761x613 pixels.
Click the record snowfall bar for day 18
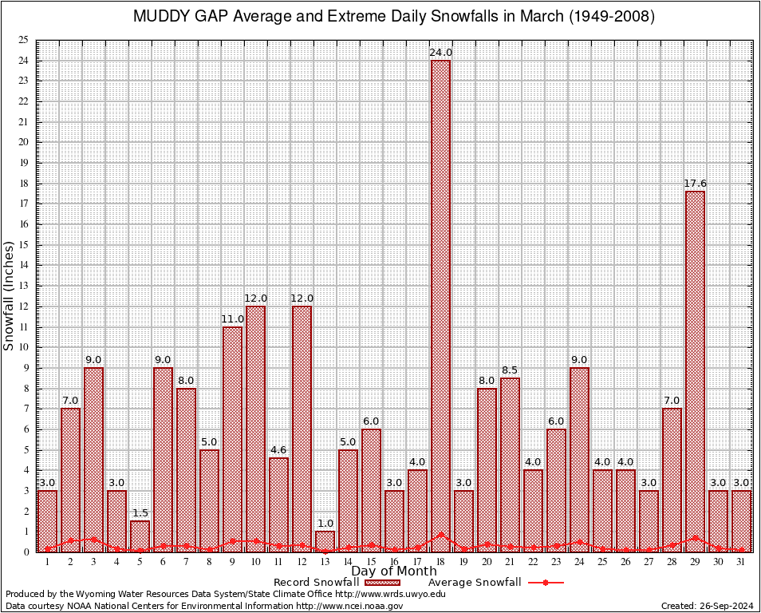pos(440,303)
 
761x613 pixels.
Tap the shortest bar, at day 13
pos(325,541)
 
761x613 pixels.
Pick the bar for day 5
pos(140,536)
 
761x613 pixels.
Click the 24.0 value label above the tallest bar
pos(440,53)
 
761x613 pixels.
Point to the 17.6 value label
pos(695,184)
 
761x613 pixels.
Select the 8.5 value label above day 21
pos(510,370)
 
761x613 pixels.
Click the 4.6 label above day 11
pos(278,450)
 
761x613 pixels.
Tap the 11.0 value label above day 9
pos(232,319)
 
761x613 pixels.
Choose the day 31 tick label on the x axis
pos(741,562)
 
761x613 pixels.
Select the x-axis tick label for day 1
pos(47,562)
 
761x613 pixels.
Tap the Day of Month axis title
pos(393,571)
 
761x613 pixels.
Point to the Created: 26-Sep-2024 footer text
pos(707,606)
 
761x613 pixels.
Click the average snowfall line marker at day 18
pos(440,536)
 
